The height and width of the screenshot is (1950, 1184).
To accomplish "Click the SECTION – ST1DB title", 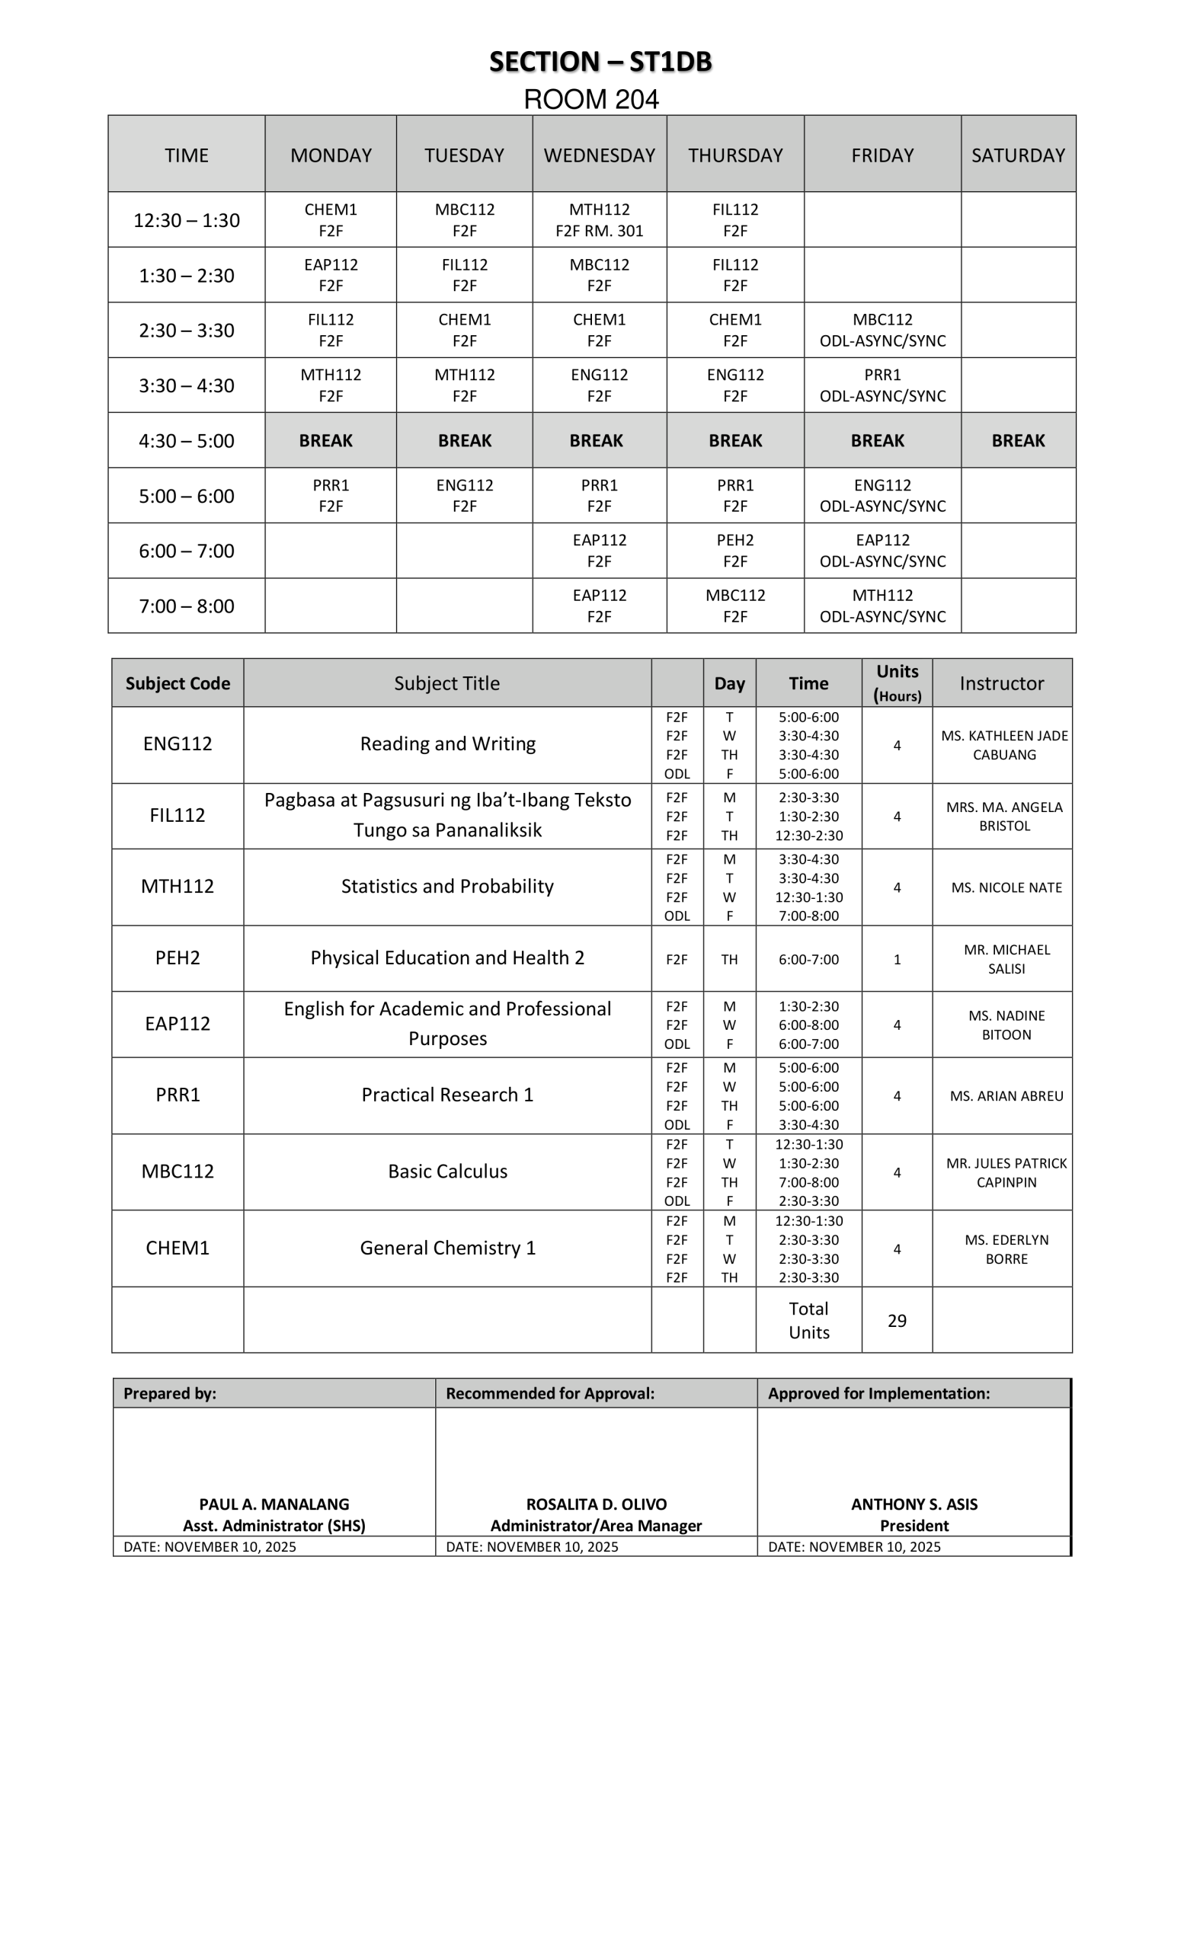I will [x=600, y=62].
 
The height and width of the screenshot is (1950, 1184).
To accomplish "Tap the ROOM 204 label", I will [x=591, y=100].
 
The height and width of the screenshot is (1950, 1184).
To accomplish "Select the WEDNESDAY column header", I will [x=599, y=155].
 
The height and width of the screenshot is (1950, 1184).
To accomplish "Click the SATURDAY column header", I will [x=1018, y=155].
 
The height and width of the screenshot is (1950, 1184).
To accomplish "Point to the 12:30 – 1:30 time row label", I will [x=186, y=220].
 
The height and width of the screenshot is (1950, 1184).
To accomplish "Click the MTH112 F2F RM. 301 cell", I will [x=599, y=220].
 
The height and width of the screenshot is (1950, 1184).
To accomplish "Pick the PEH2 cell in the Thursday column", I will [x=734, y=551].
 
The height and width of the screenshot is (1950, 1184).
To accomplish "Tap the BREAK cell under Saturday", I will [x=1018, y=441].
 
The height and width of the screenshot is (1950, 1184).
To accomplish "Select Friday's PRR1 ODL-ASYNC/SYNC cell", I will [x=882, y=385].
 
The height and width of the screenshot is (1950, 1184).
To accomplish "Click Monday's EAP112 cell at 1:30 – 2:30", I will [x=331, y=275].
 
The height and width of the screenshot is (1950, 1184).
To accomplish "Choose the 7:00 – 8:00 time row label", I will [x=186, y=606].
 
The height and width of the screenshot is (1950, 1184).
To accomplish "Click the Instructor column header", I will [x=1001, y=683].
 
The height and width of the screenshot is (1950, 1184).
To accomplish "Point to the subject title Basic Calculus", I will [x=447, y=1172].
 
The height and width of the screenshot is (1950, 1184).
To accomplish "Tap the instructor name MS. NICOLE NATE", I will [x=1006, y=888].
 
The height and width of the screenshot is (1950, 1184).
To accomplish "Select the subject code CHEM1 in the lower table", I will [x=178, y=1248].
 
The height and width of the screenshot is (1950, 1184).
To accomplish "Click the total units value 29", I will [x=897, y=1321].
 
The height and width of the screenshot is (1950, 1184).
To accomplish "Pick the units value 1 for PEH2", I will [x=897, y=959].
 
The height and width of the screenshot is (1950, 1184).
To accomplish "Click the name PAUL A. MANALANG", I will [x=274, y=1504].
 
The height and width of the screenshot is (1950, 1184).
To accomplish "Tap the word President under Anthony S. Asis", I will [x=914, y=1526].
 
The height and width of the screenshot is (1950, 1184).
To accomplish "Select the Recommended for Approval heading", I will [x=550, y=1394].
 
